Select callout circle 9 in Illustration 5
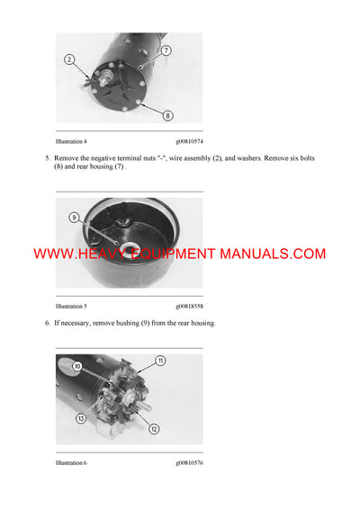tap(73, 218)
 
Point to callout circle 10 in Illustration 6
tap(77, 366)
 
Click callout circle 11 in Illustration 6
tap(159, 361)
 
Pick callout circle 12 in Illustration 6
tap(154, 429)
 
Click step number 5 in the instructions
tap(48, 158)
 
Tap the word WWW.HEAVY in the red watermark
tap(74, 254)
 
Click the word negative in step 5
tap(103, 158)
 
